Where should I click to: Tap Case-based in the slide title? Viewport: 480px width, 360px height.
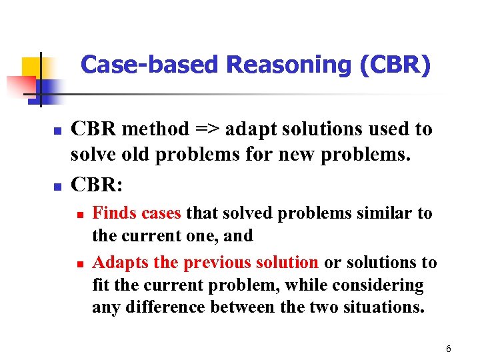tap(150, 65)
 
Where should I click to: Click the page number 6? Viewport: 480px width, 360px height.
tap(449, 349)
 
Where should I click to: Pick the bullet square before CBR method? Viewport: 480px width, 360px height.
tap(57, 131)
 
